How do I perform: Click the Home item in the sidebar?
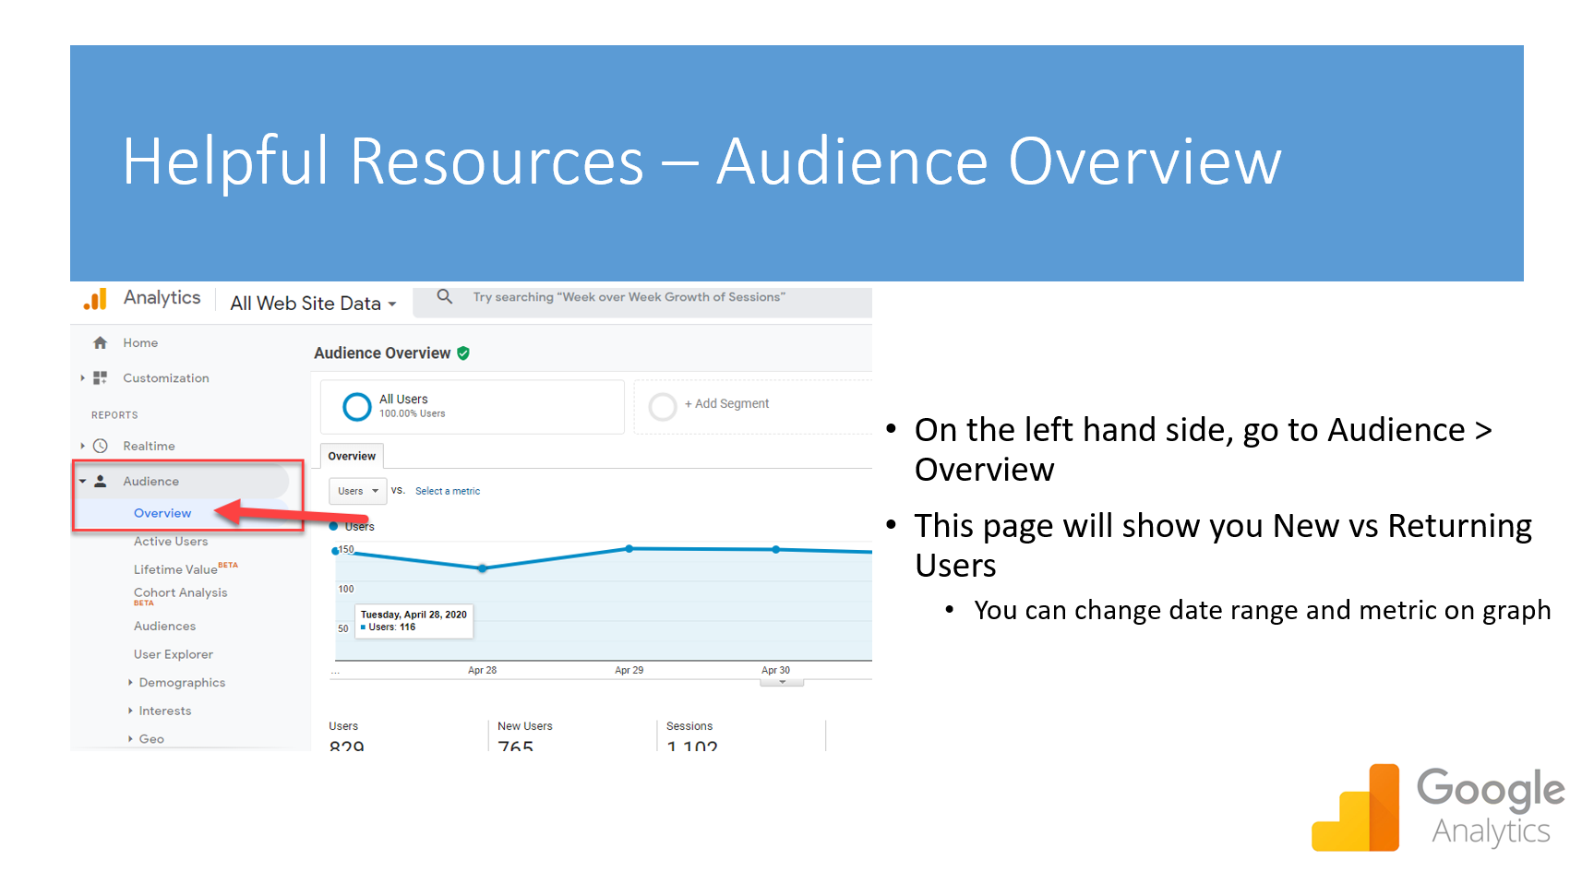(x=140, y=343)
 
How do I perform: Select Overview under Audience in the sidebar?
(x=162, y=513)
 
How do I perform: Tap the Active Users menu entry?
(x=171, y=542)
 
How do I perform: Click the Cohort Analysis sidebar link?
(x=180, y=592)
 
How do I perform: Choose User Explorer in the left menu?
(x=174, y=654)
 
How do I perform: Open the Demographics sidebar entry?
(x=182, y=683)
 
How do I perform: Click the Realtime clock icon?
(x=101, y=446)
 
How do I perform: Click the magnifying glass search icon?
(x=445, y=296)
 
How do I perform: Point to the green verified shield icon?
(x=463, y=352)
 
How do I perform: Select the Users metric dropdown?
(x=357, y=491)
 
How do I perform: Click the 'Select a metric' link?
(x=448, y=491)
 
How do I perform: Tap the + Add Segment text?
(x=726, y=403)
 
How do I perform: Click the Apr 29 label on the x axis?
(x=629, y=670)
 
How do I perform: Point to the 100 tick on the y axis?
(x=346, y=589)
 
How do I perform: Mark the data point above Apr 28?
(x=482, y=568)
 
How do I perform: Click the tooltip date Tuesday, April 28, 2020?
(x=413, y=615)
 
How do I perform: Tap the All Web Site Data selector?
(x=313, y=304)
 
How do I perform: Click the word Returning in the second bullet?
(x=1459, y=525)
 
